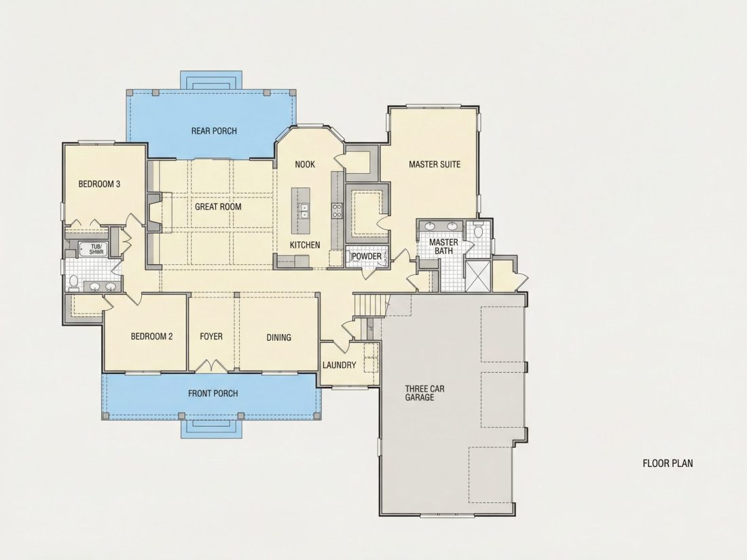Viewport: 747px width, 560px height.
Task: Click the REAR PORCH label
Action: pos(214,130)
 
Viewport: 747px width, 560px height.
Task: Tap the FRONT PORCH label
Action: pos(213,393)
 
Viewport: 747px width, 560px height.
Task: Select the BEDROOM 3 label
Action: pos(99,184)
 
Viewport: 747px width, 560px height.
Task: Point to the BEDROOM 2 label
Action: pos(151,337)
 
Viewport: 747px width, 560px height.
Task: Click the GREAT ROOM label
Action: pos(218,206)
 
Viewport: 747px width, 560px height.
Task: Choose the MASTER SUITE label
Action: pos(435,164)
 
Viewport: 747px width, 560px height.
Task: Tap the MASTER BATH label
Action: pos(443,246)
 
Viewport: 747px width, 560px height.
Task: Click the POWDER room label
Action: pos(366,256)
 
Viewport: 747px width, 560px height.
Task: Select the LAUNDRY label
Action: pos(339,365)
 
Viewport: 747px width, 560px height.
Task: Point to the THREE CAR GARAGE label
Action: pos(424,393)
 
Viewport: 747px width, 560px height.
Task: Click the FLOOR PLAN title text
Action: pos(668,463)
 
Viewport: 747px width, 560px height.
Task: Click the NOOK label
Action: pos(305,164)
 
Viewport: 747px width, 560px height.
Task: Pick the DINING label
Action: pos(278,337)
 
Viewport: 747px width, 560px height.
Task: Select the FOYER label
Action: pos(211,337)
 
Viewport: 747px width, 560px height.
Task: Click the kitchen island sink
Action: pos(304,210)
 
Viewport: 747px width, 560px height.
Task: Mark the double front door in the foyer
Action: pos(212,366)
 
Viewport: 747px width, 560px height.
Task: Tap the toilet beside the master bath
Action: pos(478,231)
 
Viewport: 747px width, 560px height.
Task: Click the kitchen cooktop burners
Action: pos(337,210)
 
